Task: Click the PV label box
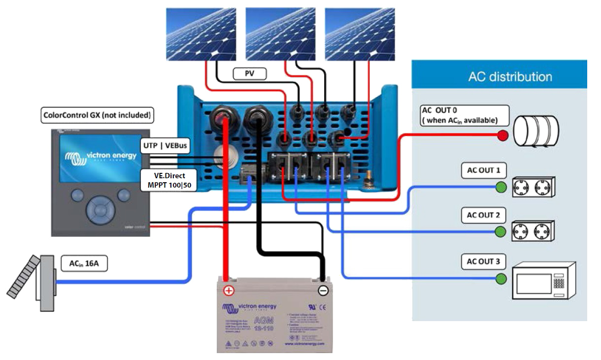(249, 74)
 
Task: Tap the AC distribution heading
(510, 77)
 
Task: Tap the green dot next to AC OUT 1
(501, 187)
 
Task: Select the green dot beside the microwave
(501, 279)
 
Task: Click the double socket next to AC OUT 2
(533, 230)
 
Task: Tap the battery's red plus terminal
(229, 290)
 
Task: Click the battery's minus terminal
(323, 290)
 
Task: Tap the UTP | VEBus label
(165, 146)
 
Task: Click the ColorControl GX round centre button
(100, 210)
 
